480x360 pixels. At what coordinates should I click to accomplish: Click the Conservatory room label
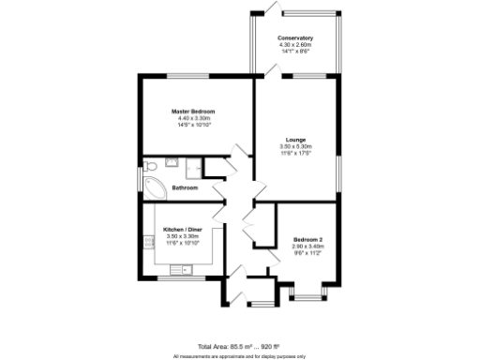(x=295, y=37)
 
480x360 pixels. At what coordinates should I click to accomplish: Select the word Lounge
(x=295, y=140)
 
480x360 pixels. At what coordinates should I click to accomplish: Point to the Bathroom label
(x=184, y=187)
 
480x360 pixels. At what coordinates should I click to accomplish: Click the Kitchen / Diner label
(x=183, y=230)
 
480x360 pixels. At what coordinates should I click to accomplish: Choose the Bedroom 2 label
(x=307, y=239)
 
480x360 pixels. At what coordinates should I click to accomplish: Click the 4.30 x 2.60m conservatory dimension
(x=295, y=44)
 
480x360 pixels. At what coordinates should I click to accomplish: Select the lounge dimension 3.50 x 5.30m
(x=295, y=147)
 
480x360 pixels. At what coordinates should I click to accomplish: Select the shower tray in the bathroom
(x=194, y=168)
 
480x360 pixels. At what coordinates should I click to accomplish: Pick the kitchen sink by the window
(x=178, y=271)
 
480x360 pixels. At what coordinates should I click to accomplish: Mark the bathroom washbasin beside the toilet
(x=172, y=162)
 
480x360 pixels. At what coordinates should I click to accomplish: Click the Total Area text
(x=239, y=347)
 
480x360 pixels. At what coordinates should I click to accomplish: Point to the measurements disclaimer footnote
(x=239, y=356)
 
